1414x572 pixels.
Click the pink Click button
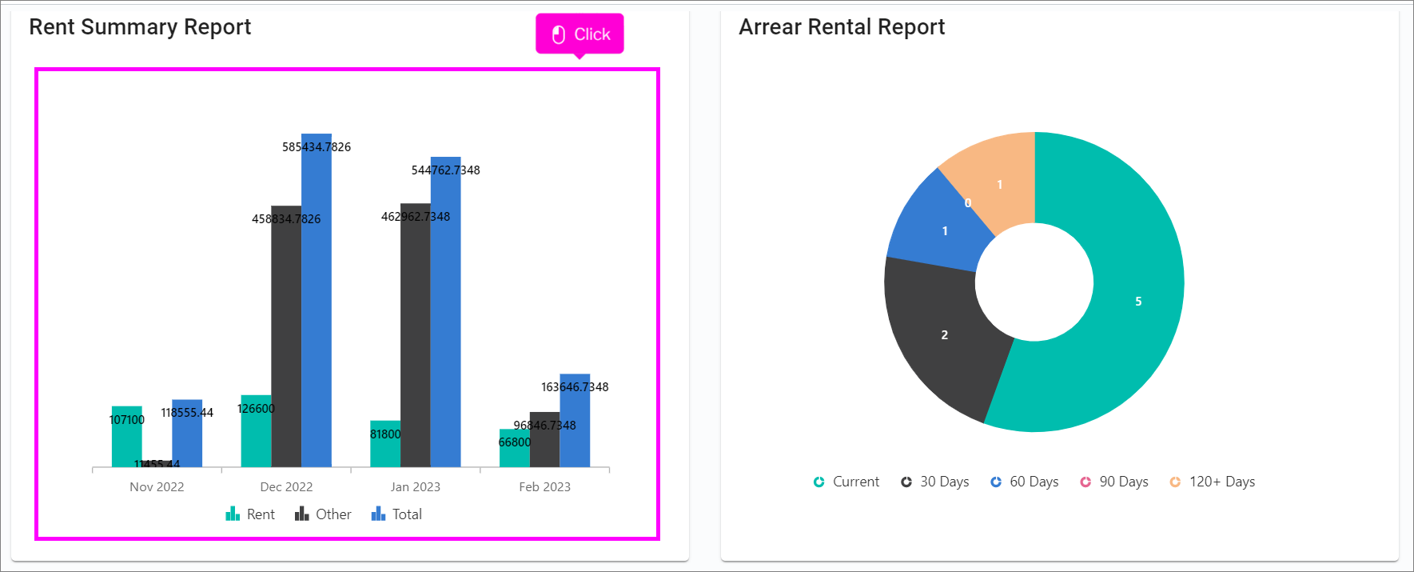click(580, 34)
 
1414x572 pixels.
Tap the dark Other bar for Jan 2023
click(415, 336)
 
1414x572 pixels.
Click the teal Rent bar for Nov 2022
click(126, 440)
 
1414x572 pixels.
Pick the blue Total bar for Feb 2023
click(575, 424)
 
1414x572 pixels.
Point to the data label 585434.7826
click(317, 147)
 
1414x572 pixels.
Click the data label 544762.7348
click(445, 170)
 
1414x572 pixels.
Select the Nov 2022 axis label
click(157, 486)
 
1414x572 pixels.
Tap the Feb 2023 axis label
click(544, 486)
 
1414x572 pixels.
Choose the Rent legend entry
click(250, 514)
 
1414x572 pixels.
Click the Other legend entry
click(323, 514)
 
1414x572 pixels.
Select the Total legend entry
click(396, 514)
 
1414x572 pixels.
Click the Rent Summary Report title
click(140, 27)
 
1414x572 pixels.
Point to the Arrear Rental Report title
click(842, 27)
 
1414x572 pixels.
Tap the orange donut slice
click(999, 184)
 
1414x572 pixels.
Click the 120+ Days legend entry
click(1213, 482)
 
